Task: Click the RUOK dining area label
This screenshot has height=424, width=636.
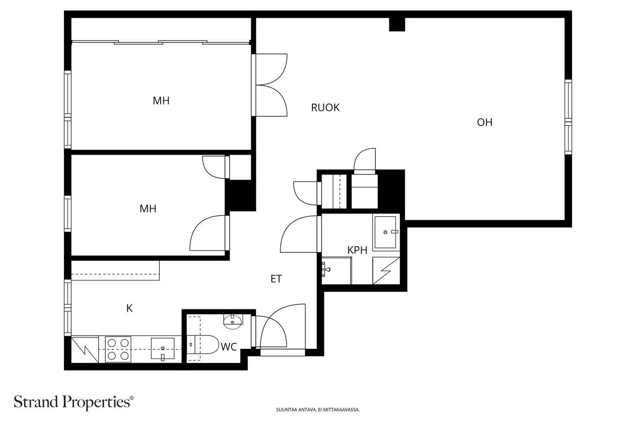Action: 325,108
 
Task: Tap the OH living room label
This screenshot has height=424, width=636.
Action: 485,122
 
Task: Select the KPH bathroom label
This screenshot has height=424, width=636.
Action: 357,250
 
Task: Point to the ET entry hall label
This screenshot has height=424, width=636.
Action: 276,279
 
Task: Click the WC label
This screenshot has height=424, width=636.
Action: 229,347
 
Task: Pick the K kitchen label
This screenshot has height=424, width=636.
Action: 129,308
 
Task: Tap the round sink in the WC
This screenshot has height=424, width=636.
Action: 233,322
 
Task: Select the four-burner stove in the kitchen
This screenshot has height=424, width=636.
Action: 118,349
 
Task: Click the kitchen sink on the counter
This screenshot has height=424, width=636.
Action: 163,348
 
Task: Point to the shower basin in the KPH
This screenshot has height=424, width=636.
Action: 385,232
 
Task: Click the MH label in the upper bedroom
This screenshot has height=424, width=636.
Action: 161,101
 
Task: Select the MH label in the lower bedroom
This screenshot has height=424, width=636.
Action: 148,209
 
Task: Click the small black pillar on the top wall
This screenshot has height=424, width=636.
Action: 397,24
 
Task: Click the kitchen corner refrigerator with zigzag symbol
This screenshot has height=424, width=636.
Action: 85,349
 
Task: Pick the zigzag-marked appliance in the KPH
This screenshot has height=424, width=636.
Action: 386,271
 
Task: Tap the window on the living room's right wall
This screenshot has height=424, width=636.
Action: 568,117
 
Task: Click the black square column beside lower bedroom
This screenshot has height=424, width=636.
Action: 241,195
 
